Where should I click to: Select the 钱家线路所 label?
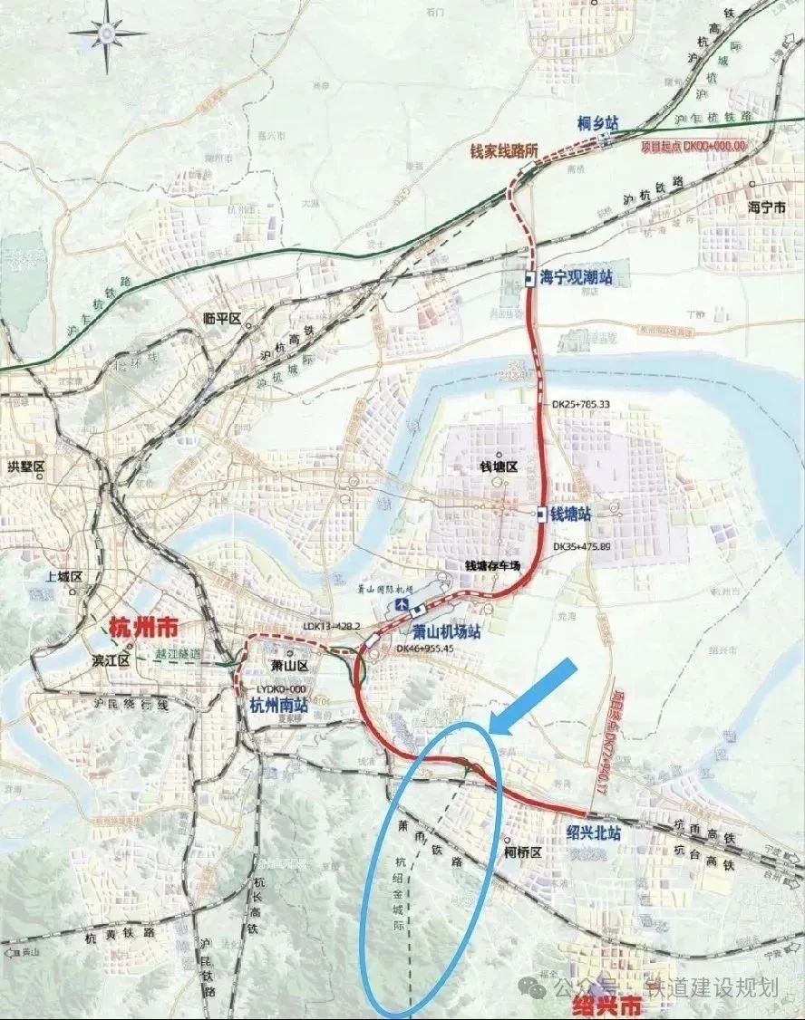[x=504, y=151]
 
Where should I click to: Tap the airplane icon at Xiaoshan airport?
[x=398, y=603]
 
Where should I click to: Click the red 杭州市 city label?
[x=142, y=627]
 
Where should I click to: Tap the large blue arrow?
[x=534, y=696]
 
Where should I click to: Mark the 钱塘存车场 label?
[x=494, y=565]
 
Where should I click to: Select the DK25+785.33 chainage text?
[x=581, y=405]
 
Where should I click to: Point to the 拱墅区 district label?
[x=26, y=466]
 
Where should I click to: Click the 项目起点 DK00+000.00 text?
[x=693, y=145]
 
